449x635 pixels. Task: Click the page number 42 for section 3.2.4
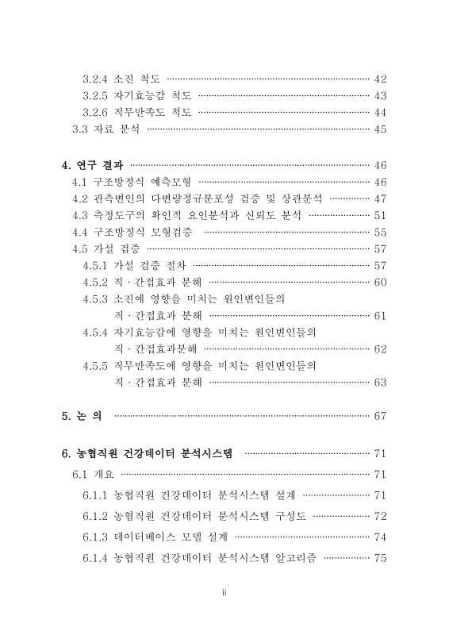click(x=379, y=79)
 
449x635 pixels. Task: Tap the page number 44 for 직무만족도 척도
click(x=379, y=113)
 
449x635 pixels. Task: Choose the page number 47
click(x=379, y=198)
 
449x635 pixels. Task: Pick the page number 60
click(x=379, y=282)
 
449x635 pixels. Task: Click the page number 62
click(x=379, y=349)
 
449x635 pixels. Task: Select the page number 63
click(x=379, y=383)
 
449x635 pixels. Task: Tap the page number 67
click(x=379, y=416)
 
